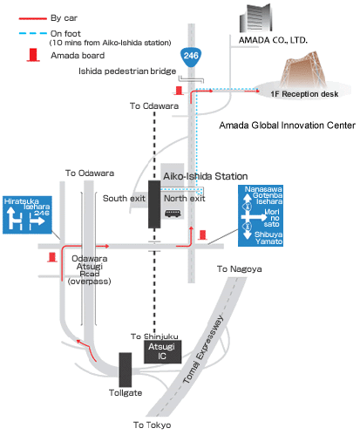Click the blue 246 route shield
[x=191, y=57]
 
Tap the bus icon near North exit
[x=173, y=214]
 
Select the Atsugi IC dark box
[x=163, y=351]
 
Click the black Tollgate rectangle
[x=126, y=370]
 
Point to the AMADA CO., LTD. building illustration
[x=255, y=18]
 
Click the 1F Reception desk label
[x=304, y=94]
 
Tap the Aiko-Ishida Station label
[x=206, y=176]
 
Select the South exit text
[x=124, y=199]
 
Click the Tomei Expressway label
[x=203, y=349]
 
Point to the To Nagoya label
[x=240, y=269]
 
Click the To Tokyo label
[x=152, y=425]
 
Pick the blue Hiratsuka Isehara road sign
[x=27, y=215]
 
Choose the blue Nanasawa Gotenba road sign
[x=261, y=215]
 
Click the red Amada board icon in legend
[x=33, y=55]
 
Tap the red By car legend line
[x=33, y=18]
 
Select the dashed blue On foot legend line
[x=33, y=33]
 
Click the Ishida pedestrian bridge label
[x=127, y=71]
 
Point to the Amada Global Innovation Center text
[x=287, y=126]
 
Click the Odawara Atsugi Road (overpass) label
[x=90, y=270]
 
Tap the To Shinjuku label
[x=154, y=336]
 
